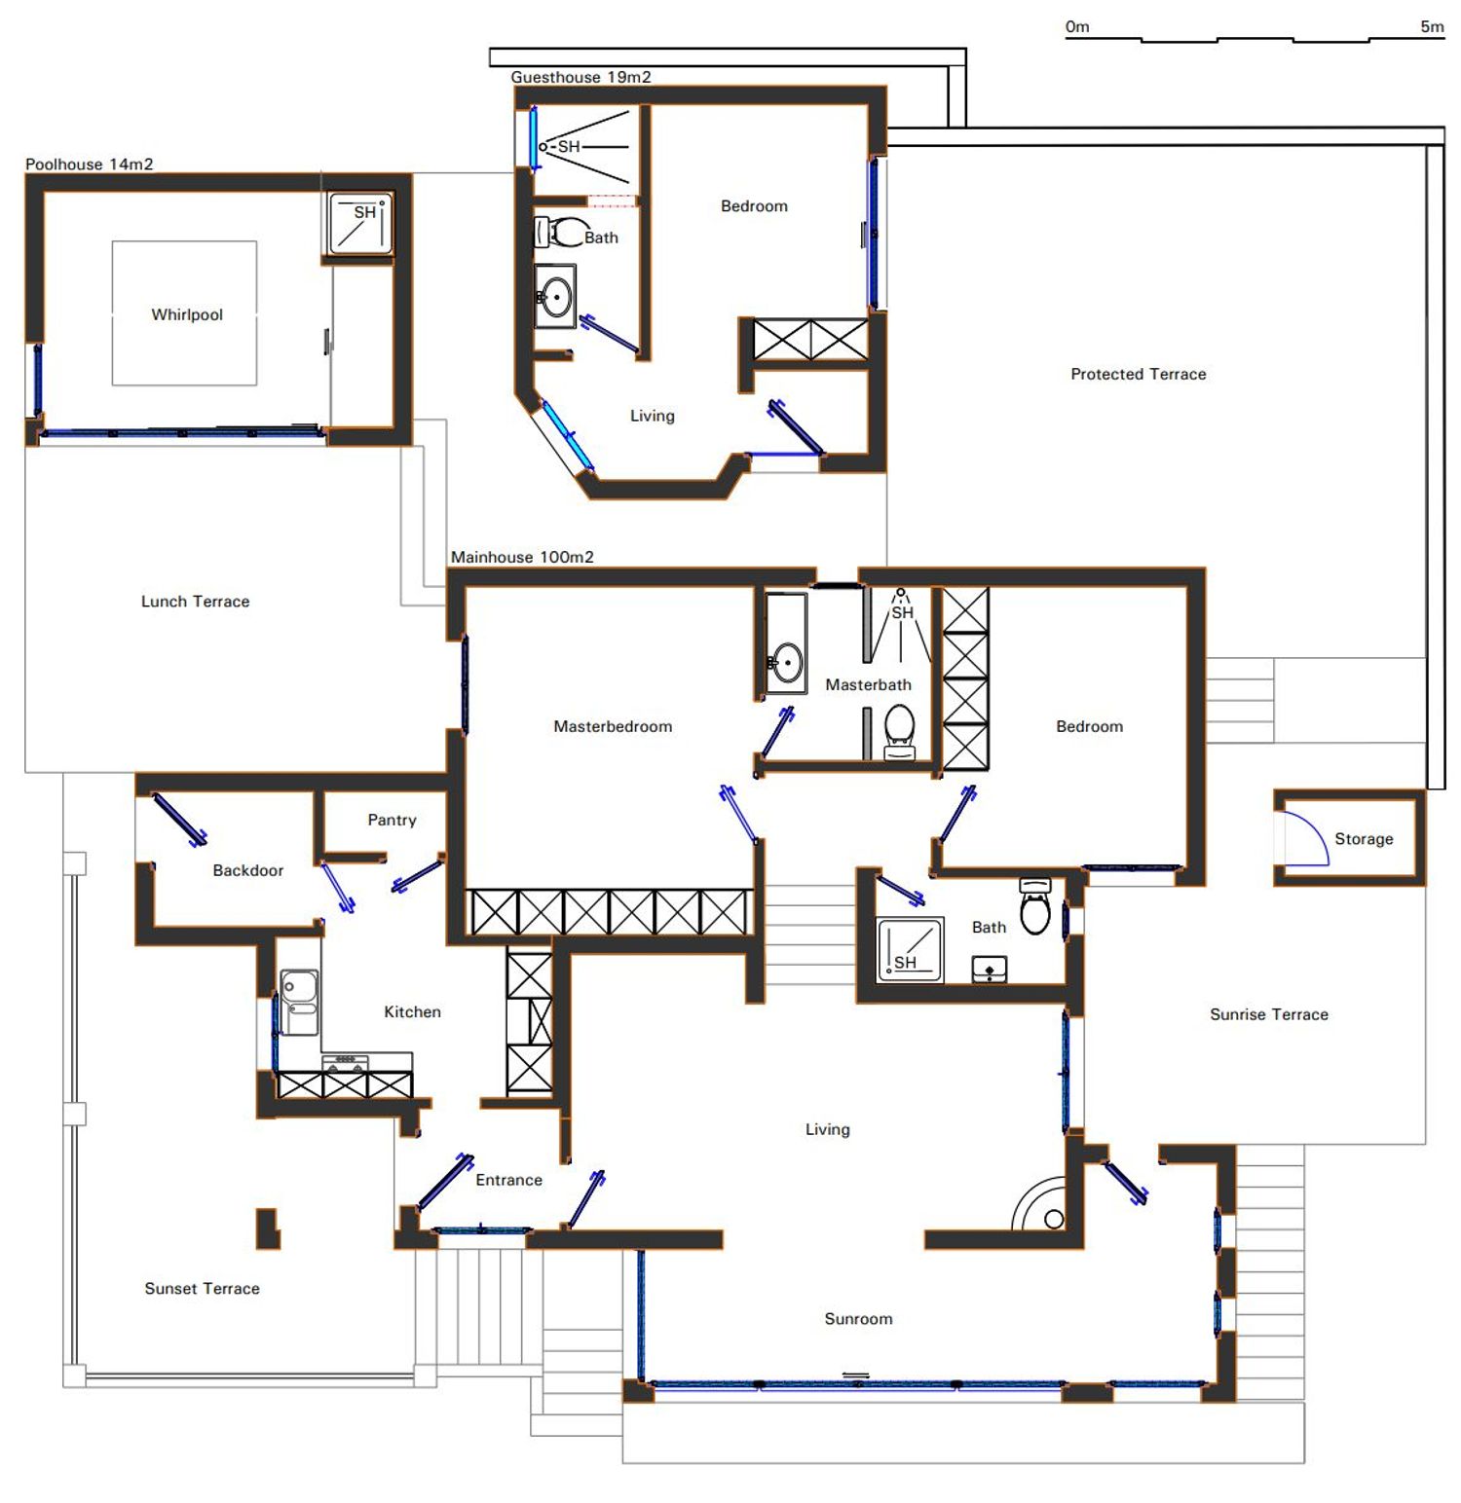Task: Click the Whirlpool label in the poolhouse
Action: (x=187, y=314)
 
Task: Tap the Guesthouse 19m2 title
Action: (x=581, y=77)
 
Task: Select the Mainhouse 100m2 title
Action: (x=522, y=557)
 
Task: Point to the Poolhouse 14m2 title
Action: (x=90, y=165)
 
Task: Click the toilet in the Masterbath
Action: (x=899, y=731)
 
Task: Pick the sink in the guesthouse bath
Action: (x=556, y=296)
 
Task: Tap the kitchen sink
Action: (x=299, y=1002)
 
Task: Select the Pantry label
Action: (x=392, y=820)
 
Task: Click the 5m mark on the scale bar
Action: (x=1432, y=26)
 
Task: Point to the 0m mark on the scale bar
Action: (x=1077, y=26)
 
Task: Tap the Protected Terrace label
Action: (x=1138, y=374)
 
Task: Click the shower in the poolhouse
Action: (x=361, y=224)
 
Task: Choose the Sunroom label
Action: (x=858, y=1319)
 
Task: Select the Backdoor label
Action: (x=248, y=870)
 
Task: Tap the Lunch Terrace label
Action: (x=195, y=602)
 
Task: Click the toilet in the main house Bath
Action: (x=1035, y=906)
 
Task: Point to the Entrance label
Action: (x=508, y=1180)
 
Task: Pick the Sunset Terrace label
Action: (x=202, y=1289)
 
